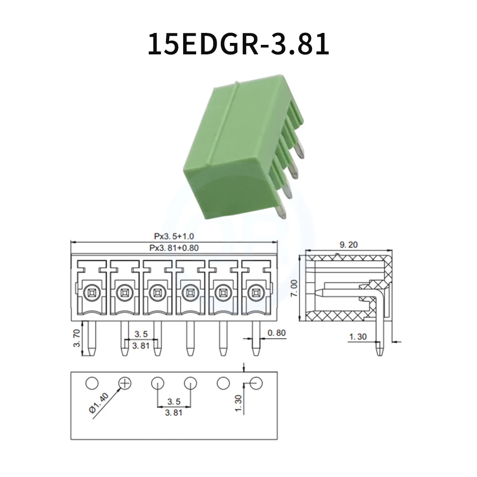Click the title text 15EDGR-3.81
[238, 44]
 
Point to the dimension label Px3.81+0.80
[174, 248]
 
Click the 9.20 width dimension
[348, 245]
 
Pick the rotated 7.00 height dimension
[294, 289]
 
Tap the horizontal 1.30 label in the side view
[358, 337]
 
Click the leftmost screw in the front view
[91, 291]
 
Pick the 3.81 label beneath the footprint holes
[174, 413]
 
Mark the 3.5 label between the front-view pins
[141, 334]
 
